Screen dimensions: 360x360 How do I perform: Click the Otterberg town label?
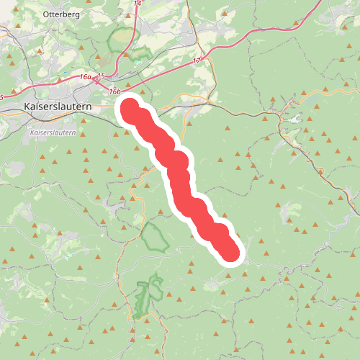pyautogui.click(x=60, y=14)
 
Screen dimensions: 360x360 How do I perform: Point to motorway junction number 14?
pyautogui.click(x=138, y=4)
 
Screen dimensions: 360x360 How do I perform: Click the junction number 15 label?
pyautogui.click(x=101, y=76)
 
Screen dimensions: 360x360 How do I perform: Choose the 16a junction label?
pyautogui.click(x=86, y=76)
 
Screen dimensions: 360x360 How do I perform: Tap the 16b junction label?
pyautogui.click(x=114, y=91)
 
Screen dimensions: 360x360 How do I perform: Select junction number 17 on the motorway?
pyautogui.click(x=197, y=62)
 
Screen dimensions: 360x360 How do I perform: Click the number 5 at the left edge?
pyautogui.click(x=2, y=96)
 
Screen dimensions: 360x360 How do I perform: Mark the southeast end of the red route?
pyautogui.click(x=229, y=251)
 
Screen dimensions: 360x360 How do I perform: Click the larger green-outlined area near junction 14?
pyautogui.click(x=122, y=37)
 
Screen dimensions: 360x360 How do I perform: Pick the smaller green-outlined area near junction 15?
pyautogui.click(x=138, y=53)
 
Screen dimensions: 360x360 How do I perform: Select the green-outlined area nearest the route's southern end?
pyautogui.click(x=155, y=237)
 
